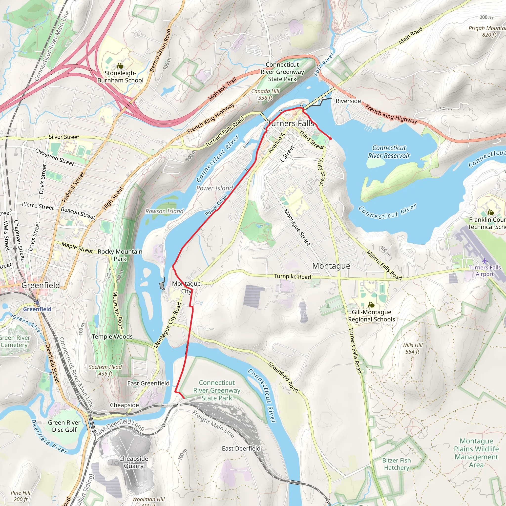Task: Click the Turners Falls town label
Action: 291,123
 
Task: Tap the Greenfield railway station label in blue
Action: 37,309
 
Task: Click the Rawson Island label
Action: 165,211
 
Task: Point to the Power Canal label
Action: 216,205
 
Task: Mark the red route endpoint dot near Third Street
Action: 331,138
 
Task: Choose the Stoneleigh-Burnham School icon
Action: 120,66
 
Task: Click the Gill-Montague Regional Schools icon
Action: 371,305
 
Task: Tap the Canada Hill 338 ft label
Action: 265,94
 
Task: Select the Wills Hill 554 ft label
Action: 413,348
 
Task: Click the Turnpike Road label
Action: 293,276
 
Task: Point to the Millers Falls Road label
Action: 384,265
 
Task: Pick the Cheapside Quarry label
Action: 134,462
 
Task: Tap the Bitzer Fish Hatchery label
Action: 397,464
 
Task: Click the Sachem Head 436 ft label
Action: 105,370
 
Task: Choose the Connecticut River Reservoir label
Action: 389,152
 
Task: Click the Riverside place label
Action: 348,101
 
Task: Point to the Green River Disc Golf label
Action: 64,426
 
